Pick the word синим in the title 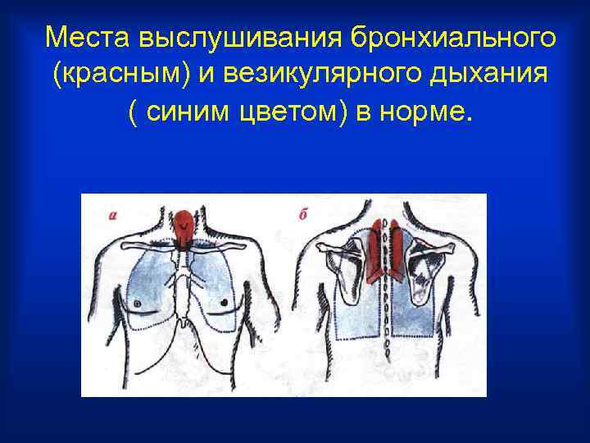(189, 115)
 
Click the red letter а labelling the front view (114, 216)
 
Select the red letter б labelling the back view (302, 216)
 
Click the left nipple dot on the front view (137, 304)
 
